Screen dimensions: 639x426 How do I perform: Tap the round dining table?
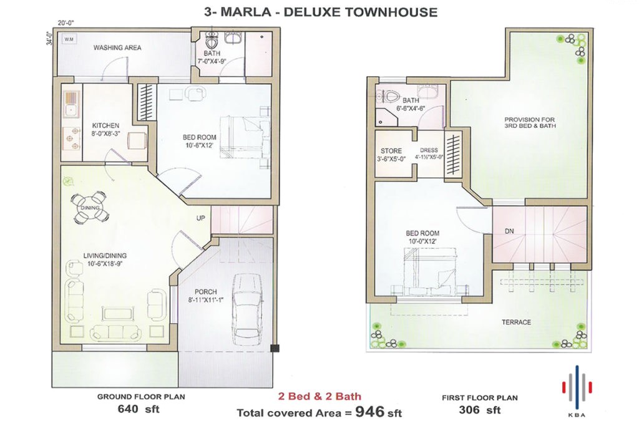pyautogui.click(x=90, y=207)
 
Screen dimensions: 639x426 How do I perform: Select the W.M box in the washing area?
pyautogui.click(x=69, y=39)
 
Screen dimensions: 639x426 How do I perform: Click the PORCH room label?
pyautogui.click(x=206, y=292)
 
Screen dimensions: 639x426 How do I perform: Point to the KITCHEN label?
pyautogui.click(x=105, y=125)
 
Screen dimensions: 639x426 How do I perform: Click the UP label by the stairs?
pyautogui.click(x=200, y=218)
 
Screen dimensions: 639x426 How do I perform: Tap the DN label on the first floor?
pyautogui.click(x=509, y=231)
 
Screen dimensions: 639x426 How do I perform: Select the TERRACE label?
pyautogui.click(x=516, y=322)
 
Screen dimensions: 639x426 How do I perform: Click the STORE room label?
pyautogui.click(x=391, y=151)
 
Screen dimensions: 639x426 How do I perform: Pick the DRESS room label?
pyautogui.click(x=429, y=150)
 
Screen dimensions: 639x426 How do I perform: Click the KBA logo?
pyautogui.click(x=577, y=390)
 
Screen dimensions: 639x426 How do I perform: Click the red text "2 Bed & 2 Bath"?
pyautogui.click(x=319, y=396)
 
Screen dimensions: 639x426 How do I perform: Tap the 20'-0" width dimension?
pyautogui.click(x=66, y=23)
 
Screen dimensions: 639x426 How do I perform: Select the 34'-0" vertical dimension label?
pyautogui.click(x=50, y=38)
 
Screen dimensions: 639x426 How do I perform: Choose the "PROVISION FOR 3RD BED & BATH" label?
pyautogui.click(x=530, y=123)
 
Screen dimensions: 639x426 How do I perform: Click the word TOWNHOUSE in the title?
pyautogui.click(x=391, y=12)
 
